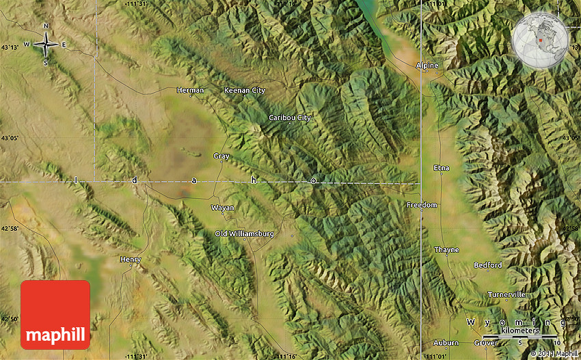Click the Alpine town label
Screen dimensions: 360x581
click(x=427, y=66)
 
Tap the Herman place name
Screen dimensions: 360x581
click(x=190, y=90)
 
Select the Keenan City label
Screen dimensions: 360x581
click(x=245, y=90)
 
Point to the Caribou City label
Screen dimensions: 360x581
click(x=290, y=117)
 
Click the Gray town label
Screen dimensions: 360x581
click(x=221, y=156)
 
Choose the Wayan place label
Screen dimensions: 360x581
click(x=223, y=208)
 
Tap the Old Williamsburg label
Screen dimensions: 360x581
click(x=244, y=234)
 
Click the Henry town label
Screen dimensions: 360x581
click(x=130, y=260)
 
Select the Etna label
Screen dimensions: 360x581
click(x=442, y=167)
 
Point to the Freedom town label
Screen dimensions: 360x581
click(x=422, y=205)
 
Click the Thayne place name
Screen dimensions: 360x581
click(x=447, y=250)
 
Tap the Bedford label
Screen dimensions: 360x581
click(x=488, y=265)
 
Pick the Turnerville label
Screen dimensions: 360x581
click(x=507, y=294)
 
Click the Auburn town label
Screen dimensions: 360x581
click(x=446, y=342)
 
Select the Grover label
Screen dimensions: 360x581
click(x=487, y=342)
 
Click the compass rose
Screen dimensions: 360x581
click(x=46, y=45)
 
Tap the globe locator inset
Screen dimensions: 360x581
click(x=539, y=40)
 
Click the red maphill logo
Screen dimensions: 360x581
click(x=55, y=315)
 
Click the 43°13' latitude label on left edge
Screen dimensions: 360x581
click(x=10, y=47)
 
